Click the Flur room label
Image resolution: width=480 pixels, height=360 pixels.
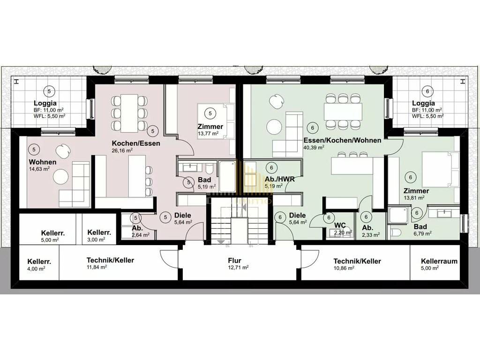click(x=234, y=261)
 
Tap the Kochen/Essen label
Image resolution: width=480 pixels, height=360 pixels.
click(x=136, y=143)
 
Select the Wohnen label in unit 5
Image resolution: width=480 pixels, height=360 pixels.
click(x=43, y=162)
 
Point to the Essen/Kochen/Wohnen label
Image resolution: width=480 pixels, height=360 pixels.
click(x=342, y=140)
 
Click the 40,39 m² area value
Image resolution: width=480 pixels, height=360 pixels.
click(x=314, y=147)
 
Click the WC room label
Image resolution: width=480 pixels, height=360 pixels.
click(x=340, y=225)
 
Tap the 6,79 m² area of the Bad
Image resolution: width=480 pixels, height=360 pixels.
click(x=423, y=233)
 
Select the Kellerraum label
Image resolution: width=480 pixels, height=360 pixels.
click(x=439, y=262)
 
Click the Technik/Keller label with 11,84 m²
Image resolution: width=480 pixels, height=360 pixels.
click(x=110, y=260)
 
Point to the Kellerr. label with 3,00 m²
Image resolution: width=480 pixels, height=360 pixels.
click(x=99, y=232)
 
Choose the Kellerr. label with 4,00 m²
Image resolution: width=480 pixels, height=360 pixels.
click(x=39, y=262)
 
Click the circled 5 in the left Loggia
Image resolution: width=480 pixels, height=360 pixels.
click(x=49, y=91)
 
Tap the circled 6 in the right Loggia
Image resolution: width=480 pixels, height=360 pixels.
click(x=427, y=91)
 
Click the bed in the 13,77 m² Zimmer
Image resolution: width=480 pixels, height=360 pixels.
click(x=216, y=121)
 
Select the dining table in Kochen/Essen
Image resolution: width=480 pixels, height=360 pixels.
click(x=129, y=112)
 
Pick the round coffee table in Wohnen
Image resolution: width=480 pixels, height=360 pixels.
click(x=60, y=177)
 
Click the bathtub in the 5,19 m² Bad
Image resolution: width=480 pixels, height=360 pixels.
click(x=227, y=177)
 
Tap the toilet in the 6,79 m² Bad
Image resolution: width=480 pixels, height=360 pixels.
click(x=396, y=232)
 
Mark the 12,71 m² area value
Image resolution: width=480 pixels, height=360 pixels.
click(x=238, y=268)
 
